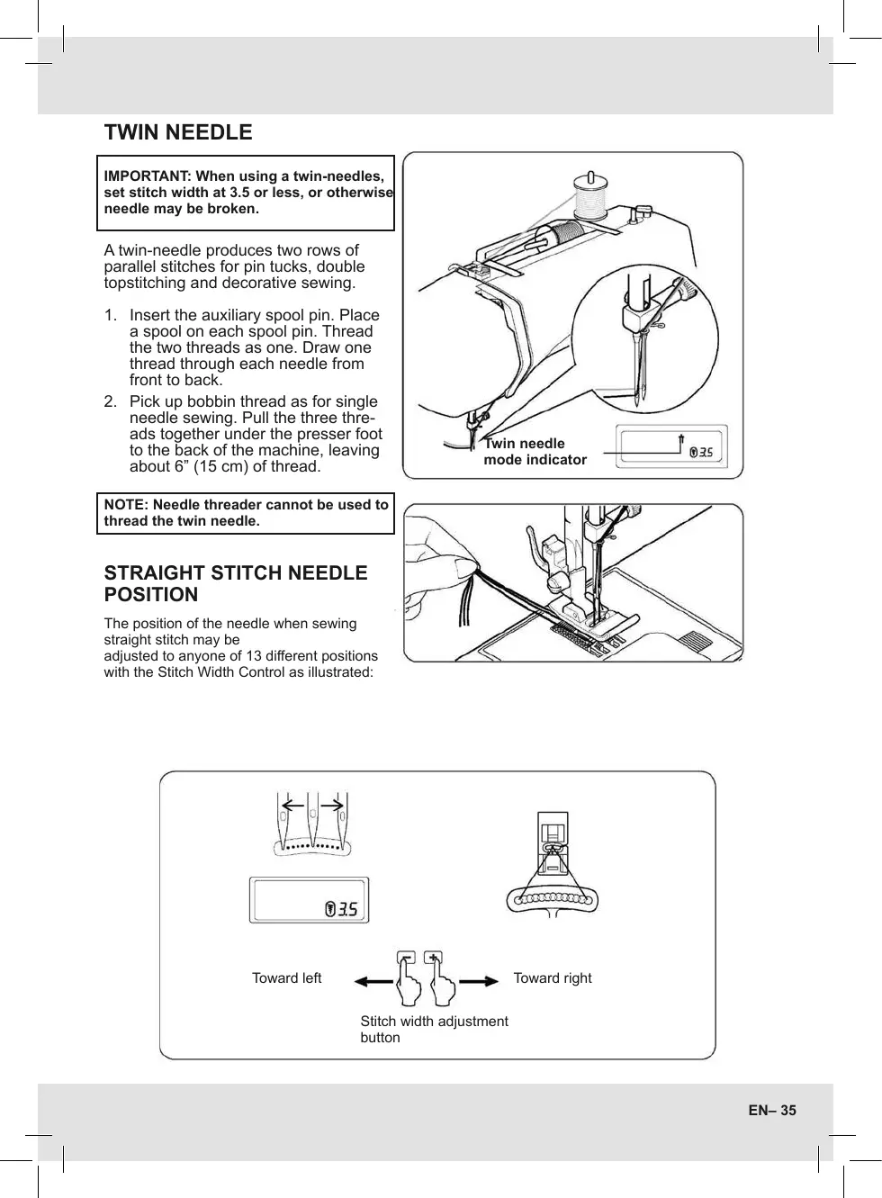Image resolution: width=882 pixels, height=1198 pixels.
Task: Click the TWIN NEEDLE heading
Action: click(x=178, y=132)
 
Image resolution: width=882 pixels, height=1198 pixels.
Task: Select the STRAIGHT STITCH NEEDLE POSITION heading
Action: click(x=236, y=583)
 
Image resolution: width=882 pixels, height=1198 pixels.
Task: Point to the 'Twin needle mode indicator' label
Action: click(x=535, y=452)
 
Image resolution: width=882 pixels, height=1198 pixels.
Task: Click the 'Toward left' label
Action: click(x=286, y=978)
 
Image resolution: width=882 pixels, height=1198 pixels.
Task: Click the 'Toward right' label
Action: click(x=553, y=978)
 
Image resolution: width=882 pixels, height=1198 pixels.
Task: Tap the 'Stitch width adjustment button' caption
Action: click(x=434, y=1029)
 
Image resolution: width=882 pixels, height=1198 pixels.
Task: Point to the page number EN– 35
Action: click(x=772, y=1111)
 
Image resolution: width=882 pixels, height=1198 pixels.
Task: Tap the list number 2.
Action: click(x=110, y=401)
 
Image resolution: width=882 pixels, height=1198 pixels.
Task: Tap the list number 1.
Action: click(x=110, y=315)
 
